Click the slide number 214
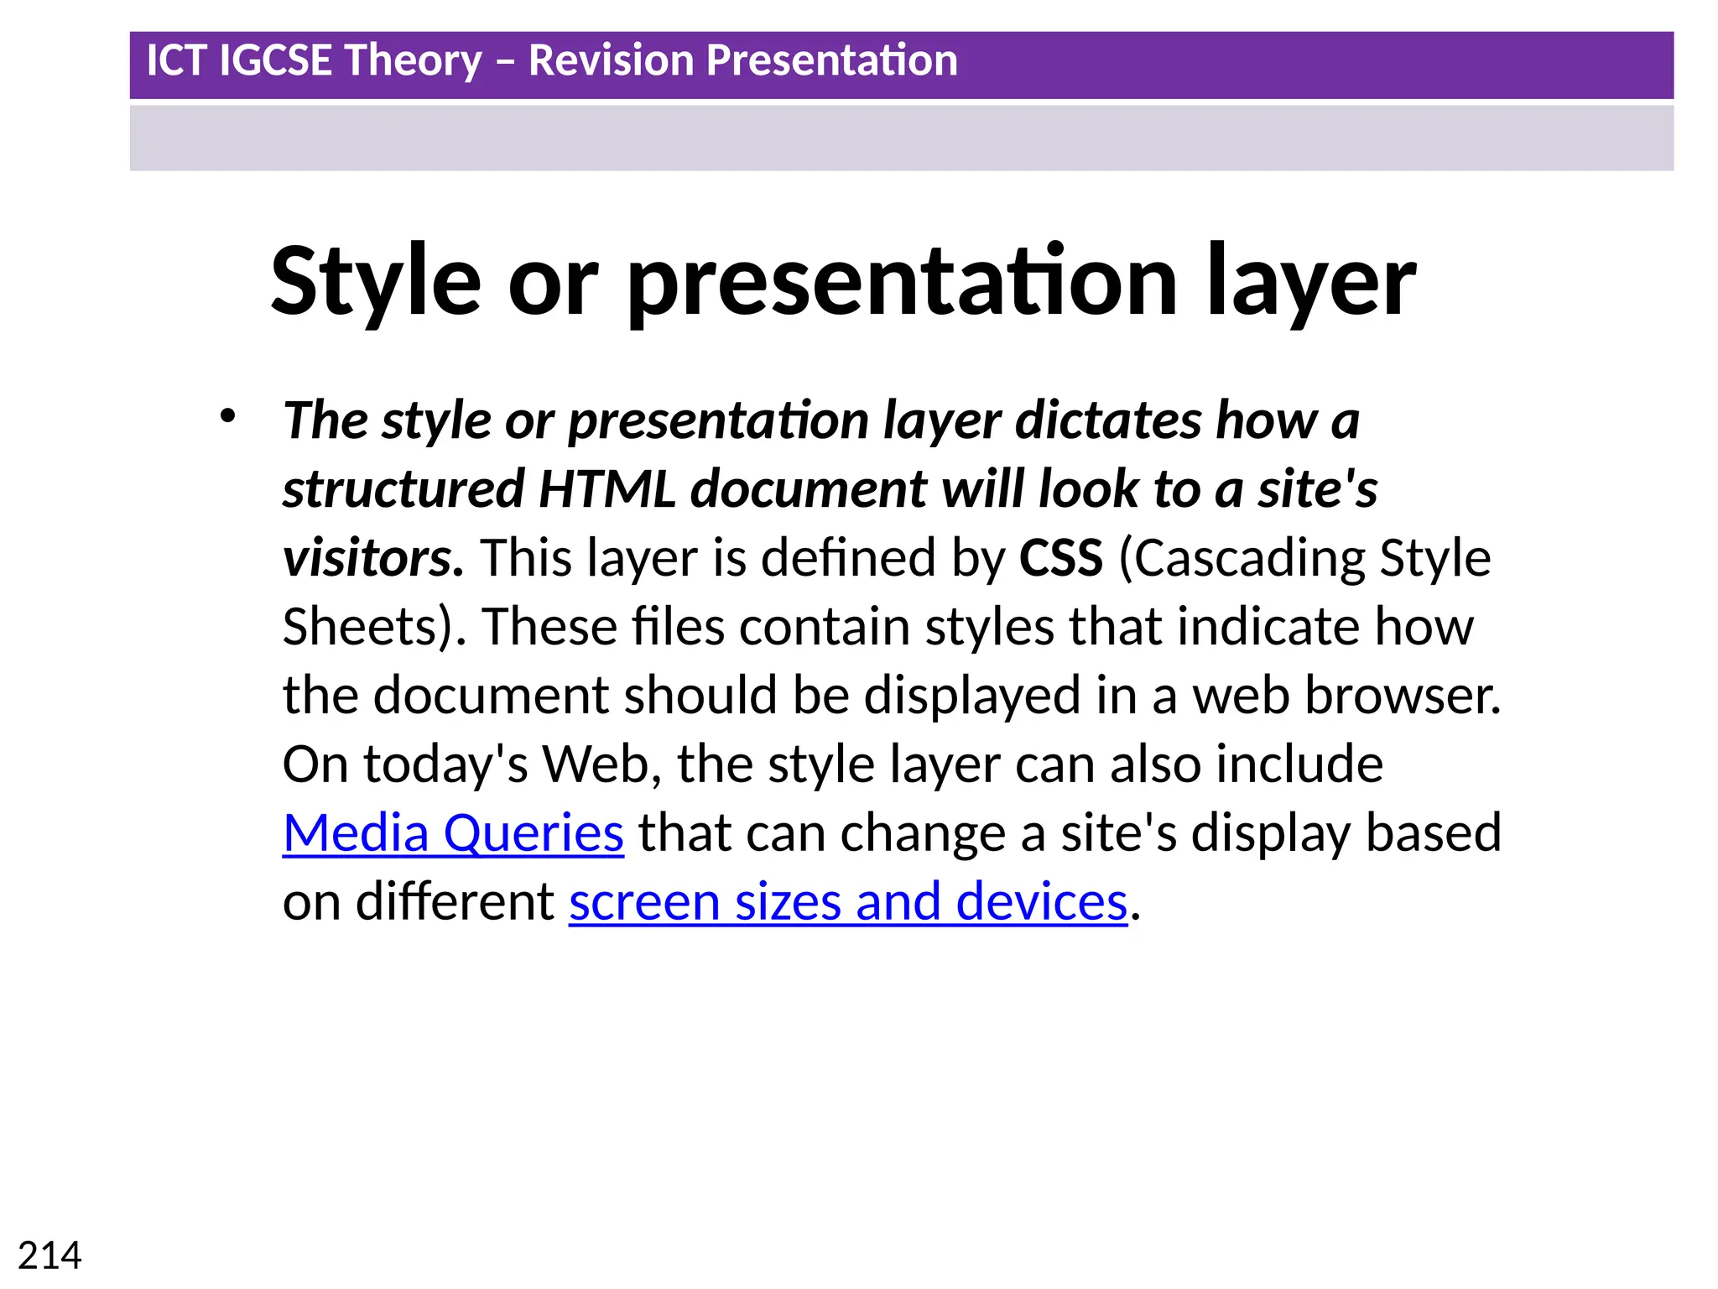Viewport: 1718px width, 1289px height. tap(49, 1256)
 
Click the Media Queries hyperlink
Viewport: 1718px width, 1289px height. tap(453, 833)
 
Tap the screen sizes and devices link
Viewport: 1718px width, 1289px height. tap(847, 902)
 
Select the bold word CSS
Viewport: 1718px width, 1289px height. tap(1061, 558)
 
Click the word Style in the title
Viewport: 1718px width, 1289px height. tap(376, 283)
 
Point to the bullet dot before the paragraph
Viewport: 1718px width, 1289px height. tap(227, 416)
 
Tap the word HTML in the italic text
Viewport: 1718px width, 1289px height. tap(607, 489)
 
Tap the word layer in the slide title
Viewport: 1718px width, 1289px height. tap(1311, 283)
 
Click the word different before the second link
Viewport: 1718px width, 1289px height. tap(455, 902)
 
